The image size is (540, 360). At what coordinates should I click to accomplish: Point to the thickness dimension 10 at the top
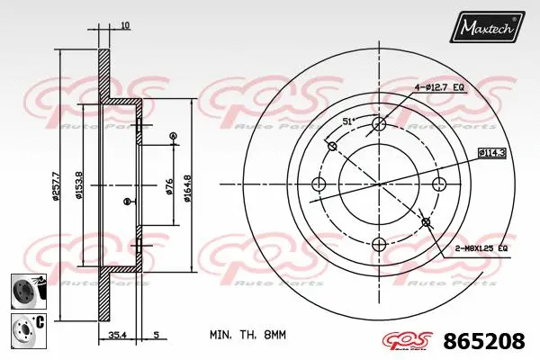click(125, 25)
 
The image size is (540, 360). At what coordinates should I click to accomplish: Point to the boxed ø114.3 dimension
click(491, 153)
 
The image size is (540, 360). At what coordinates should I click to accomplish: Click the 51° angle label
click(348, 121)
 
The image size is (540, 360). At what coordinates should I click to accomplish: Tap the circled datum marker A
click(172, 136)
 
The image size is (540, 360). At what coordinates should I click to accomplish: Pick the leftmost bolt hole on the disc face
click(318, 184)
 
